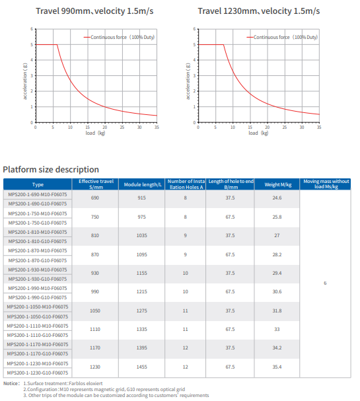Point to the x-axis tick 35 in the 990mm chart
pyautogui.click(x=157, y=127)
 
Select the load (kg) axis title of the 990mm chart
pyautogui.click(x=95, y=133)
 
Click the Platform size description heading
pyautogui.click(x=52, y=170)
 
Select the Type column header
pyautogui.click(x=38, y=184)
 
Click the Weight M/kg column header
pyautogui.click(x=277, y=184)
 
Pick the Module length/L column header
pyautogui.click(x=142, y=184)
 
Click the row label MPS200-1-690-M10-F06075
pyautogui.click(x=38, y=194)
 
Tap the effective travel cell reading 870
pyautogui.click(x=94, y=254)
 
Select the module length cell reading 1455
pyautogui.click(x=142, y=367)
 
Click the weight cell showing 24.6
pyautogui.click(x=277, y=198)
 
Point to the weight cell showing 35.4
pyautogui.click(x=277, y=367)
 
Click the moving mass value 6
pyautogui.click(x=325, y=283)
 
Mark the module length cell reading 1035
pyautogui.click(x=142, y=236)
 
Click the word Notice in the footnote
pyautogui.click(x=11, y=383)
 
